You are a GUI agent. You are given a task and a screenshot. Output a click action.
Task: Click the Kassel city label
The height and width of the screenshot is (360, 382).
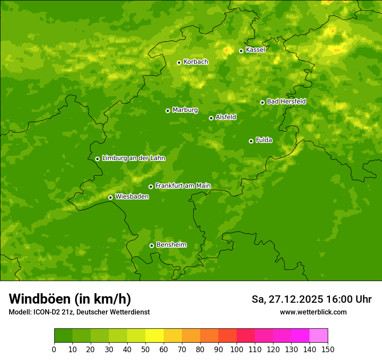coord(255,50)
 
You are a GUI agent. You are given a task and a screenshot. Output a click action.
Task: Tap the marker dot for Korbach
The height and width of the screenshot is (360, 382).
coord(179,62)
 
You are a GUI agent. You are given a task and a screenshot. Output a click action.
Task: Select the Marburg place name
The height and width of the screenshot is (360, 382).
coord(185,110)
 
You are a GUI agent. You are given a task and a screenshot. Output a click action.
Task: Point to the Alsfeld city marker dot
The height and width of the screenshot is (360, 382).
coord(211,118)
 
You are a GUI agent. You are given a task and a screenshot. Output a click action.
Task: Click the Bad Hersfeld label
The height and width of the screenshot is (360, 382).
coord(286,101)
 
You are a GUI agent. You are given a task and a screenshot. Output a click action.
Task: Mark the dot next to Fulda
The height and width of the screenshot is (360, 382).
coord(251,141)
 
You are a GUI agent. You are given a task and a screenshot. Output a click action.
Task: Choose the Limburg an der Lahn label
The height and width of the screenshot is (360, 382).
coord(133,158)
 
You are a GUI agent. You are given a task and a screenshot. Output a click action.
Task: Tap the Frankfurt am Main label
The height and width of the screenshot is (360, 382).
coord(183,186)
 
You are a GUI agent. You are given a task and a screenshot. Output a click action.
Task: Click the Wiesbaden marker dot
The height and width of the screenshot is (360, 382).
coord(110,197)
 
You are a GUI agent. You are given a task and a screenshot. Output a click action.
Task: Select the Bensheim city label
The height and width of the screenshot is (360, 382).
coord(171,245)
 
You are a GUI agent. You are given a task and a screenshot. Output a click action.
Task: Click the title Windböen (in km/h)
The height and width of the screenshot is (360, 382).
coord(70,299)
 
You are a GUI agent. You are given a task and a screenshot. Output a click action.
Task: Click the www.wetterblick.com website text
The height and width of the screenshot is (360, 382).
coord(313,312)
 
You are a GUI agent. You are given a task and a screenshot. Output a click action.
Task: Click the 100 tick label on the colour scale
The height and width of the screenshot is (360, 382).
coord(237,350)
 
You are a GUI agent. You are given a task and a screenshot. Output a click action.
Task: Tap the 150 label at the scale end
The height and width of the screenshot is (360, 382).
coord(328,350)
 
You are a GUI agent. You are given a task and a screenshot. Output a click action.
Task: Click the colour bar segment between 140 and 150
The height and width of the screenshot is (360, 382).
coord(319,336)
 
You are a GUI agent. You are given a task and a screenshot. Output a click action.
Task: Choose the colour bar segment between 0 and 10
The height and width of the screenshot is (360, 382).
coord(63,336)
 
